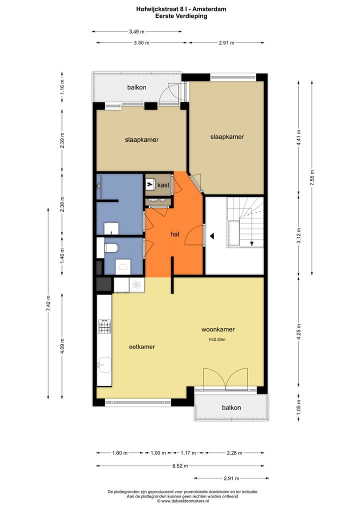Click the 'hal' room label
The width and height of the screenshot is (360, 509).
click(x=174, y=233)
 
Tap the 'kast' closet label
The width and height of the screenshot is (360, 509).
click(x=163, y=185)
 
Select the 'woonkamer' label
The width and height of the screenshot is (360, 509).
click(x=218, y=329)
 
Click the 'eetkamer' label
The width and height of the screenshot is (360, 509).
click(x=141, y=346)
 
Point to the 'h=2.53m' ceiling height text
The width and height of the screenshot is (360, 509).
click(x=217, y=340)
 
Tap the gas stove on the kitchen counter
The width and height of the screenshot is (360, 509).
click(x=104, y=327)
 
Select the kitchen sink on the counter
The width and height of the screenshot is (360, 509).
click(x=104, y=364)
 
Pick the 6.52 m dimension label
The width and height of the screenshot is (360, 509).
click(x=179, y=466)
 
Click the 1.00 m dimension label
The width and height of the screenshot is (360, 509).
click(x=158, y=453)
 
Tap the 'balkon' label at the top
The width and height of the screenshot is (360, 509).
click(x=136, y=87)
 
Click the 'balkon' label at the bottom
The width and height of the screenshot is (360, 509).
click(x=231, y=407)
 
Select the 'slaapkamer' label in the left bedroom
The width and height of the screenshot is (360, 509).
click(x=141, y=139)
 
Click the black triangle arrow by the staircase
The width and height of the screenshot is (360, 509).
click(x=212, y=236)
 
